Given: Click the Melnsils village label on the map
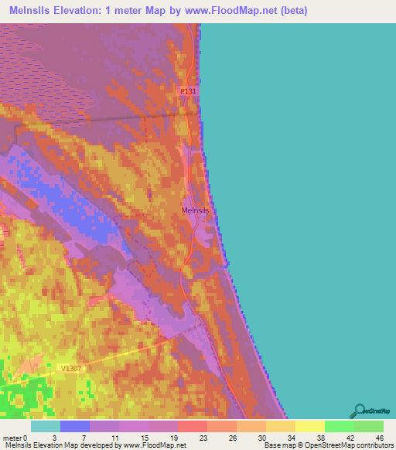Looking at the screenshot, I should pyautogui.click(x=195, y=210).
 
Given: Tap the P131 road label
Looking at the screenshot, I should pyautogui.click(x=189, y=91).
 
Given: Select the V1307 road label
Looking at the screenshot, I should pyautogui.click(x=69, y=368).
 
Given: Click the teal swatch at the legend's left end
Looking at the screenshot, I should pyautogui.click(x=46, y=426).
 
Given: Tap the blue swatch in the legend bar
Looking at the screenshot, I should pyautogui.click(x=75, y=426).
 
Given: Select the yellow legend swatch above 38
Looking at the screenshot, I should pyautogui.click(x=310, y=426).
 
